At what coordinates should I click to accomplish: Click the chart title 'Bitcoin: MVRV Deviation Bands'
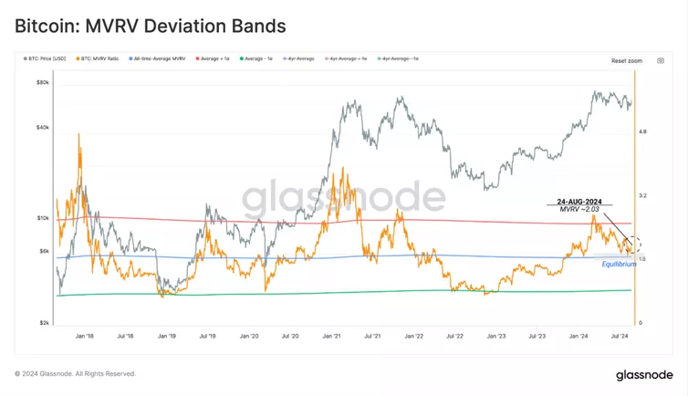150,26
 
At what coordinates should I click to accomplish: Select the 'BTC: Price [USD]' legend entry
47,58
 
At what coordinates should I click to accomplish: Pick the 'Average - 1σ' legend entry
258,58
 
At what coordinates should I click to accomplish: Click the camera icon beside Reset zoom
661,60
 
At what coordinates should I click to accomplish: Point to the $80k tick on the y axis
42,82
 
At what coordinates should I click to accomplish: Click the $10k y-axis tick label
42,218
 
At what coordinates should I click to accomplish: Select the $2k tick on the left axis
43,323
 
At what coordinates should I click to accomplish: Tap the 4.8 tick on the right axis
643,132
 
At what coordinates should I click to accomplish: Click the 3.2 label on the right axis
643,196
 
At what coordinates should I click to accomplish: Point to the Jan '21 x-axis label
330,336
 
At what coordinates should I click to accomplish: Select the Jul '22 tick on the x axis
454,336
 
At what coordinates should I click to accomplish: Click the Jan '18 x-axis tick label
84,336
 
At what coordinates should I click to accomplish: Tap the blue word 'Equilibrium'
619,265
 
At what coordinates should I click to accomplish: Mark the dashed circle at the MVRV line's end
631,245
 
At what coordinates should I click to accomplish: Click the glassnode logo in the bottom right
643,374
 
